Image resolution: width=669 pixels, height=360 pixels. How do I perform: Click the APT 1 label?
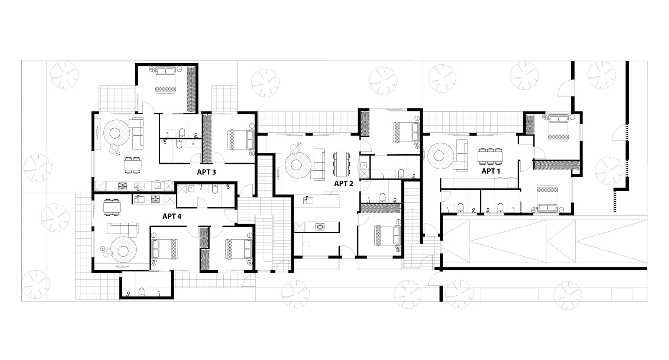click(491, 171)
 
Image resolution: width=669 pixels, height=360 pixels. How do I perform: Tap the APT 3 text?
click(206, 172)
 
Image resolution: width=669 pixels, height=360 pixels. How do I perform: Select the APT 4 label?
click(172, 216)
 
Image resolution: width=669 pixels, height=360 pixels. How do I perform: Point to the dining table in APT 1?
click(490, 156)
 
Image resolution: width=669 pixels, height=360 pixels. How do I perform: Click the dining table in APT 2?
click(342, 164)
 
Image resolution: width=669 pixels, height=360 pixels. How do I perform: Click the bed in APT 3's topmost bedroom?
click(166, 80)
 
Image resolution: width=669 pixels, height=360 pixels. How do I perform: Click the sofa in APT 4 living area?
click(123, 228)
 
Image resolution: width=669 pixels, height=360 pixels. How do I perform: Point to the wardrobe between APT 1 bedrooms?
click(556, 164)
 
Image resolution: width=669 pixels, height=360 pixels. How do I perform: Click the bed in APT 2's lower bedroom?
click(387, 236)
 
